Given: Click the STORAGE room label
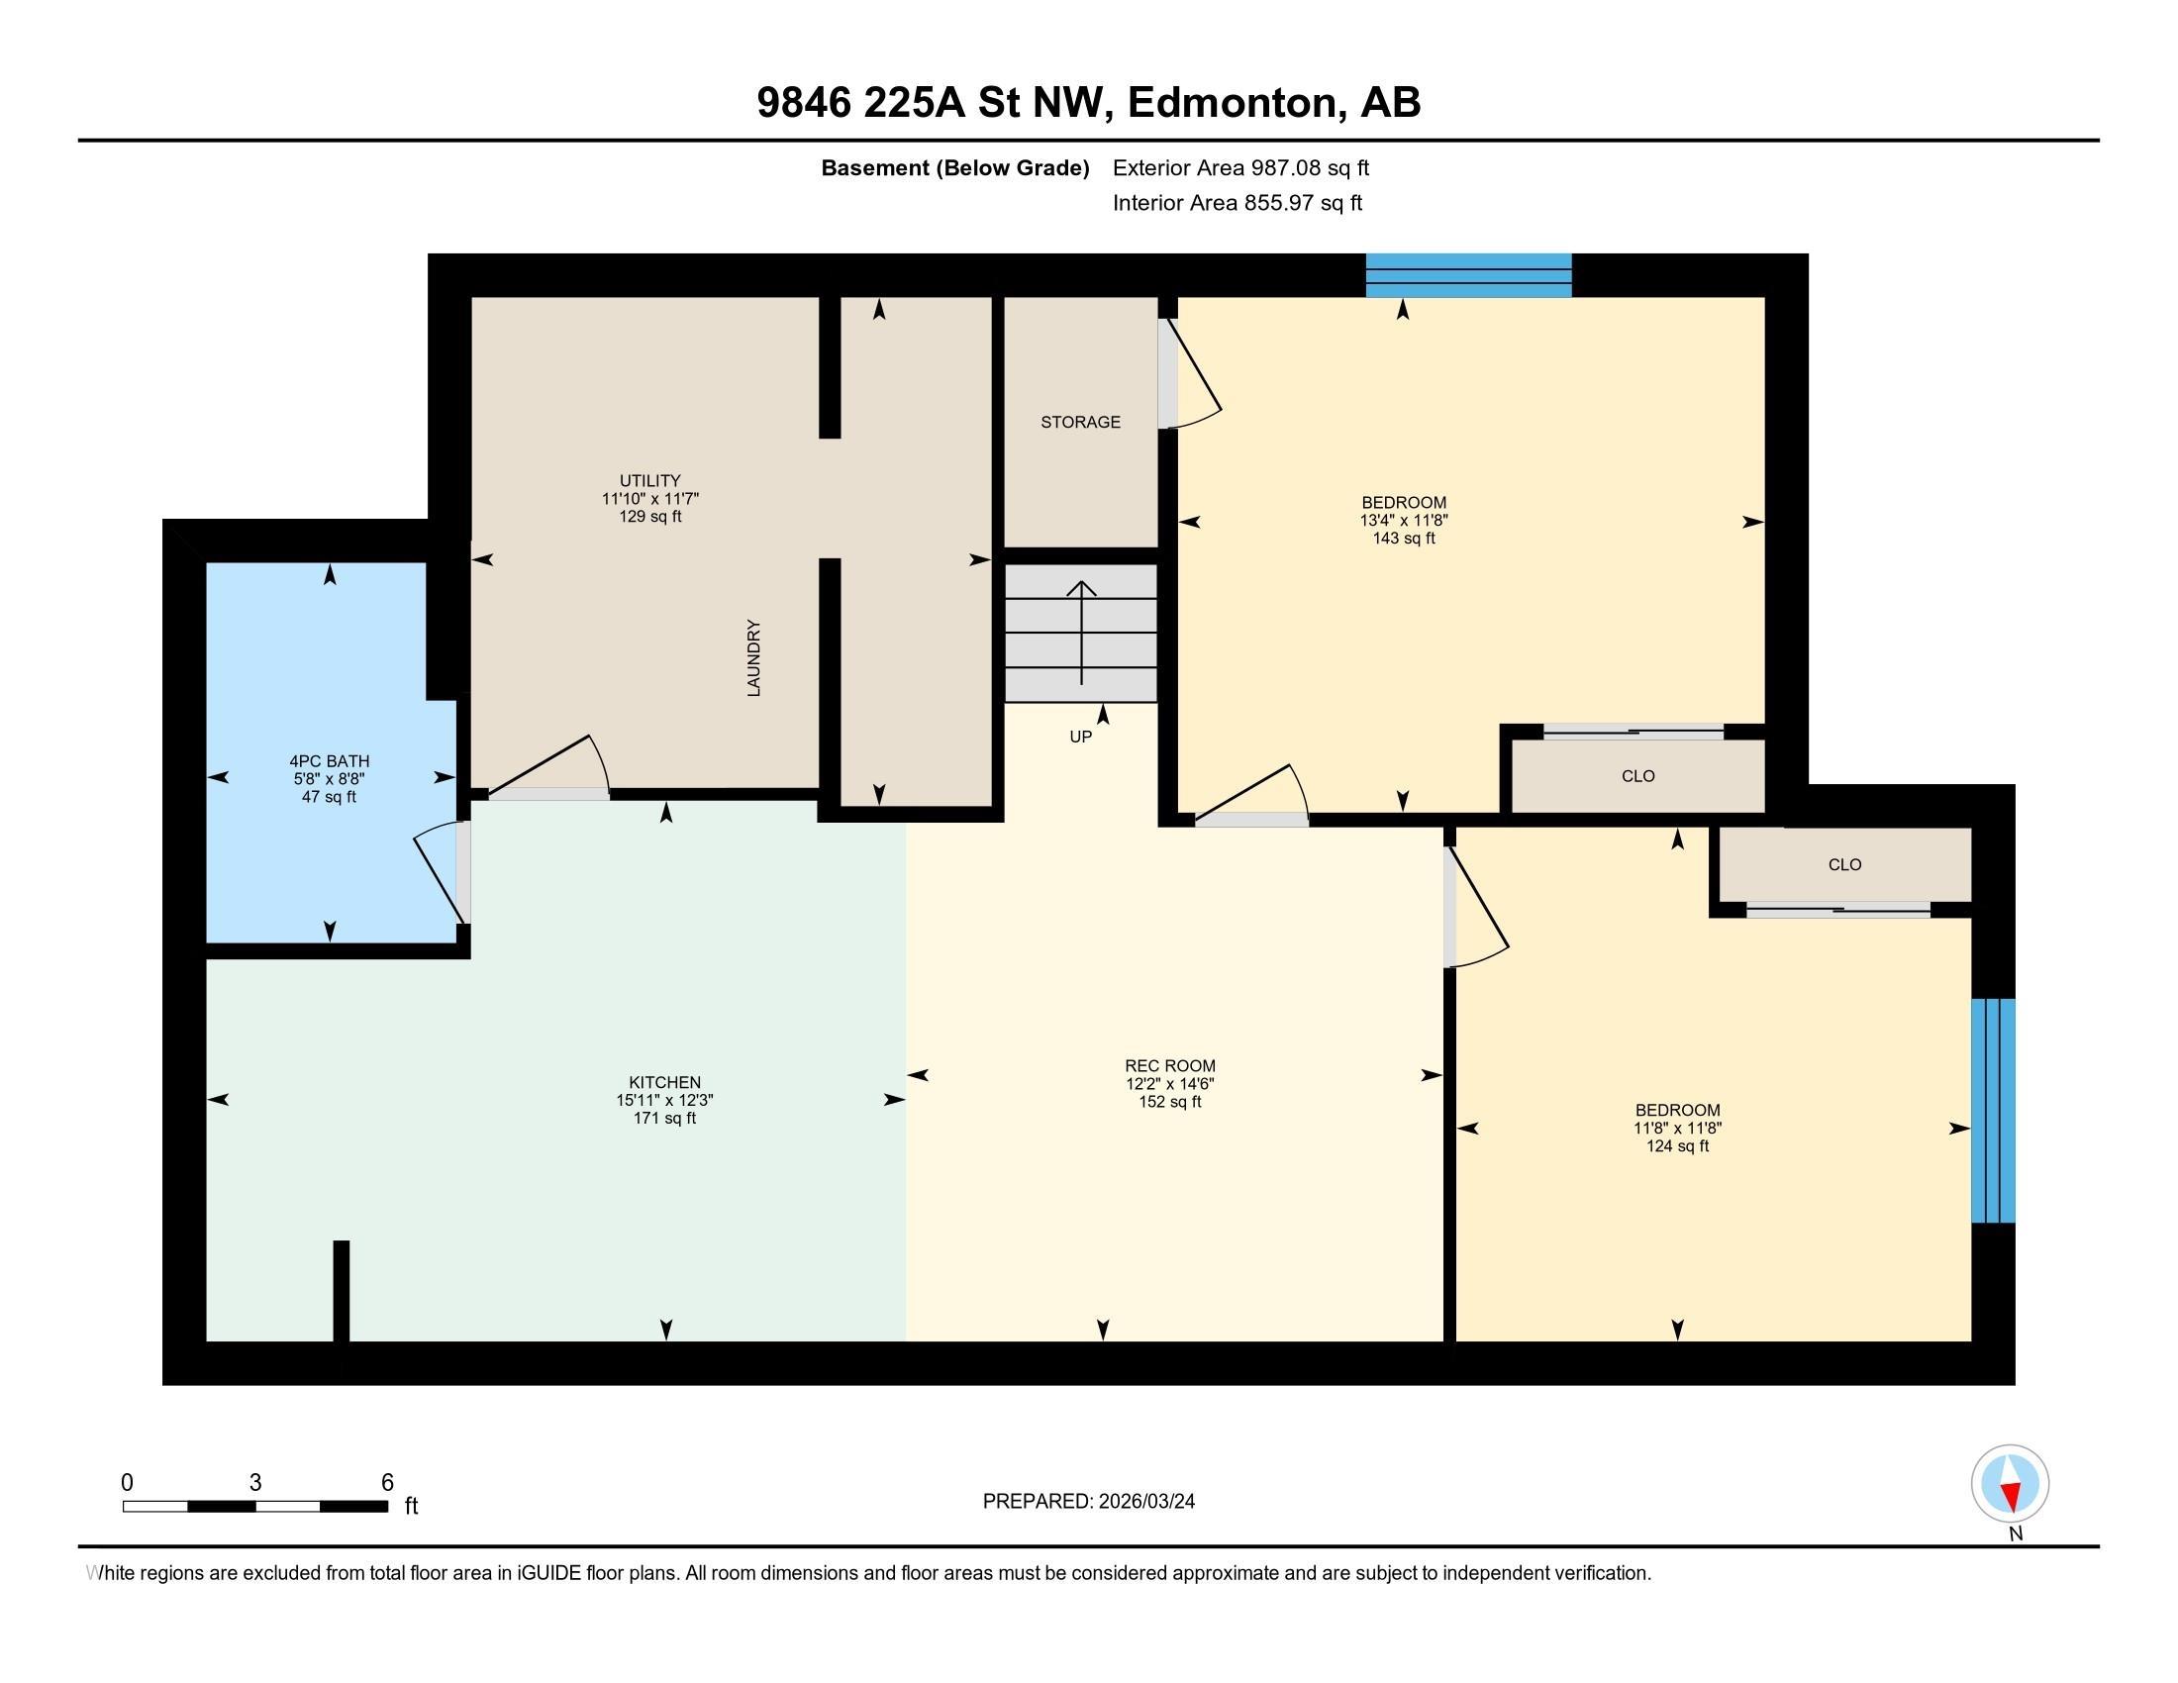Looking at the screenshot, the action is [x=1080, y=422].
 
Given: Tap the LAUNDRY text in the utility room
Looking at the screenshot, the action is [x=754, y=658].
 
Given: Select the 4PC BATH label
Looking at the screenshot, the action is [x=329, y=760].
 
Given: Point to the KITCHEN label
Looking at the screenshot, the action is [x=664, y=1082].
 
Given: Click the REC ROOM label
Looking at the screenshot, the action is [x=1170, y=1065].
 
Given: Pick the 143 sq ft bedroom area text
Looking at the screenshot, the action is [x=1403, y=539].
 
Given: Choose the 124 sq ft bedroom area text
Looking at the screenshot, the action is [x=1677, y=1145].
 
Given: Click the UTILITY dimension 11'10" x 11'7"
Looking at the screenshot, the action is [x=650, y=499].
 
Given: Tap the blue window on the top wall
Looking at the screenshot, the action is [x=1468, y=275].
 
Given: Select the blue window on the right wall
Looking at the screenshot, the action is [x=1993, y=1111].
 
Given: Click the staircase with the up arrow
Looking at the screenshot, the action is [x=1081, y=633].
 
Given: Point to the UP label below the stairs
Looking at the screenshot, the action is [x=1080, y=737].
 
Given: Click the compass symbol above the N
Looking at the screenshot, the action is [x=2010, y=1484].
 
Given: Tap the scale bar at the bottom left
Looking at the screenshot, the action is [x=255, y=1506].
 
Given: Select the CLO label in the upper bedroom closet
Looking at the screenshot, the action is [x=1637, y=776].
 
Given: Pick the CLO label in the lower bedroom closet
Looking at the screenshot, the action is [x=1844, y=864].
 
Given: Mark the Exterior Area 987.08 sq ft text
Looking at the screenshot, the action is [x=1240, y=167].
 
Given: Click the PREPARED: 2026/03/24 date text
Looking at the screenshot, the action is [x=1088, y=1501].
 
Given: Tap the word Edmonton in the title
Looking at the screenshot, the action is [x=1233, y=103].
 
